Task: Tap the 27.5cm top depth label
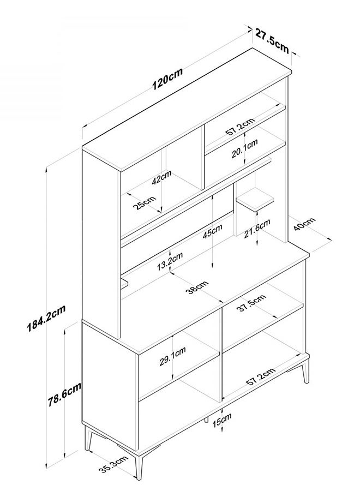pos(272,40)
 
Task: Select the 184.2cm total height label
pos(46,318)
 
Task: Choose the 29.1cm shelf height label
pos(173,356)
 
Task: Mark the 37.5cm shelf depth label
pos(251,303)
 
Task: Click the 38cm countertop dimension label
pos(197,288)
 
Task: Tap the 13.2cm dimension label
pos(170,261)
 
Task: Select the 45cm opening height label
pos(212,231)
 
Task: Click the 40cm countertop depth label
pos(304,224)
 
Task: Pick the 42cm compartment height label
pos(161,177)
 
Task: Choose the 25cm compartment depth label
pos(144,203)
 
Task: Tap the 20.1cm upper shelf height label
pos(244,148)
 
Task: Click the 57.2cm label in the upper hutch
pos(240,126)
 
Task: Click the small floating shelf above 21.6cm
pos(255,199)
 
